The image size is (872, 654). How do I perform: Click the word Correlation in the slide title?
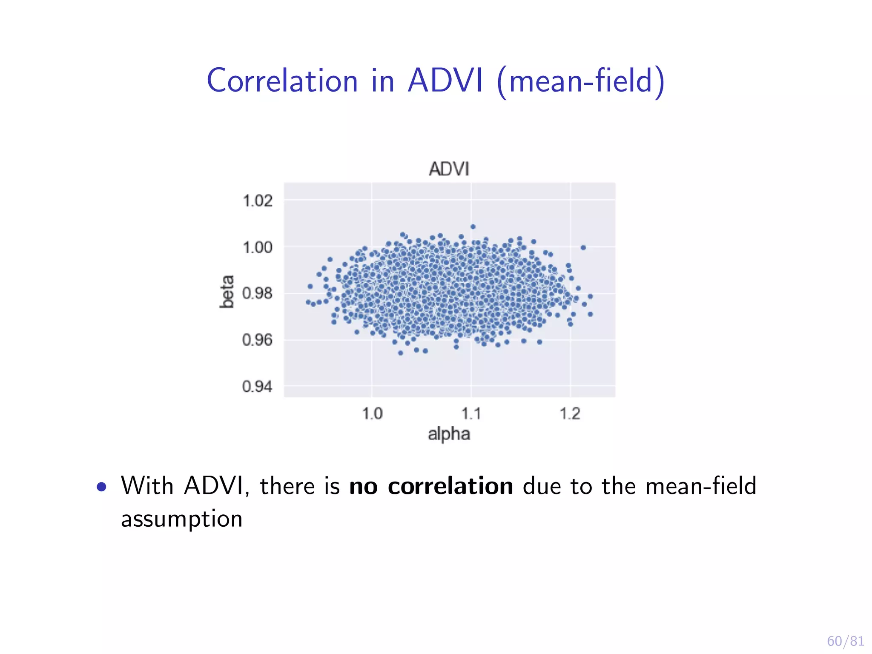(x=282, y=81)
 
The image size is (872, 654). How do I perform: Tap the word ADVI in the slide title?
(x=445, y=81)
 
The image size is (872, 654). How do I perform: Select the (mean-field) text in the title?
(x=580, y=82)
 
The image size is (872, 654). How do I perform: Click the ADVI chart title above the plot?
(x=449, y=169)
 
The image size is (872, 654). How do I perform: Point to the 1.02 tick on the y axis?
(x=257, y=201)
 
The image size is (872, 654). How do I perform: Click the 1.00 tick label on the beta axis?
(x=257, y=247)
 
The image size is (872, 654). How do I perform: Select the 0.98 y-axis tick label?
(x=257, y=293)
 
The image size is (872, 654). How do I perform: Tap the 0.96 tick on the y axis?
(x=257, y=340)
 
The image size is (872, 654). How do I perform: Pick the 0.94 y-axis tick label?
(x=257, y=387)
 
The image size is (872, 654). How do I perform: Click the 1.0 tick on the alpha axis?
(x=372, y=414)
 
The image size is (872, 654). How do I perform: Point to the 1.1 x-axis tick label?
(x=471, y=414)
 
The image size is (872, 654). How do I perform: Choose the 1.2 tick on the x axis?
(x=570, y=414)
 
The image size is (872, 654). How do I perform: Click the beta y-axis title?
(x=227, y=292)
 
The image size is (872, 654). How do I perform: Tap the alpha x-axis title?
(x=449, y=434)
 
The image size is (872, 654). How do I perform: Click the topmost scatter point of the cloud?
(x=473, y=227)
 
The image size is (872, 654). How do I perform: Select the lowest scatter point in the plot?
(x=400, y=353)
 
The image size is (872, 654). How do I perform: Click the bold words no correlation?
(x=431, y=486)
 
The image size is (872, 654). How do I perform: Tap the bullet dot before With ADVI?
(x=101, y=487)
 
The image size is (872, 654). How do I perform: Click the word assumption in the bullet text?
(x=182, y=519)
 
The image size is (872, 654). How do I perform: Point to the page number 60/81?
(x=845, y=641)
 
